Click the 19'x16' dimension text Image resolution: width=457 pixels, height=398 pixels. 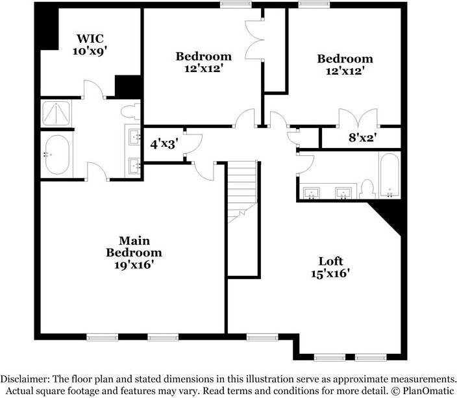(134, 265)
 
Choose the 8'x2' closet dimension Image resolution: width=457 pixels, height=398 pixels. (362, 138)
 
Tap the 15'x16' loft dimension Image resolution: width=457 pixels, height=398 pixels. (330, 274)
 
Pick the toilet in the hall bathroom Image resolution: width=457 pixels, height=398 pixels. (368, 189)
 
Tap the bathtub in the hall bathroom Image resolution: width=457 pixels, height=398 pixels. (390, 175)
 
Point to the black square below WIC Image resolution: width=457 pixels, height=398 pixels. (129, 87)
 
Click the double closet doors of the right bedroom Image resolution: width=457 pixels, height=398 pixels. (357, 118)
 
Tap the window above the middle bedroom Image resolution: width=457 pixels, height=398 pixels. (236, 5)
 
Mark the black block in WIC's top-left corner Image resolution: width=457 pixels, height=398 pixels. (47, 26)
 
